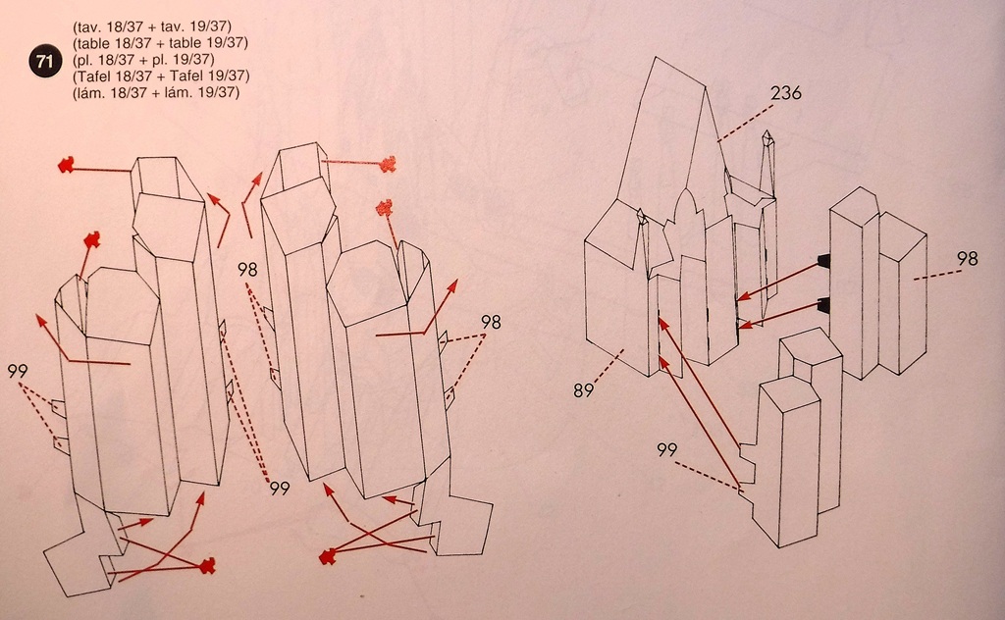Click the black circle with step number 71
point(44,61)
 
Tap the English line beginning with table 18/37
point(160,42)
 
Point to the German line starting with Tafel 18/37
point(161,76)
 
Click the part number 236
point(786,93)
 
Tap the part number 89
point(585,390)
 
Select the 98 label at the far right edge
point(968,259)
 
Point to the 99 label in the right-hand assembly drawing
point(667,450)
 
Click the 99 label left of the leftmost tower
point(17,371)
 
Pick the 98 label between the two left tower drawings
point(247,269)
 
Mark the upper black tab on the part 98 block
point(823,260)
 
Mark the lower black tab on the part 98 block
point(823,304)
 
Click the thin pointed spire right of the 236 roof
point(767,167)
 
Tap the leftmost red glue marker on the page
point(66,166)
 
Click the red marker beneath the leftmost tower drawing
point(207,565)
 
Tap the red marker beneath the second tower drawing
point(327,557)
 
